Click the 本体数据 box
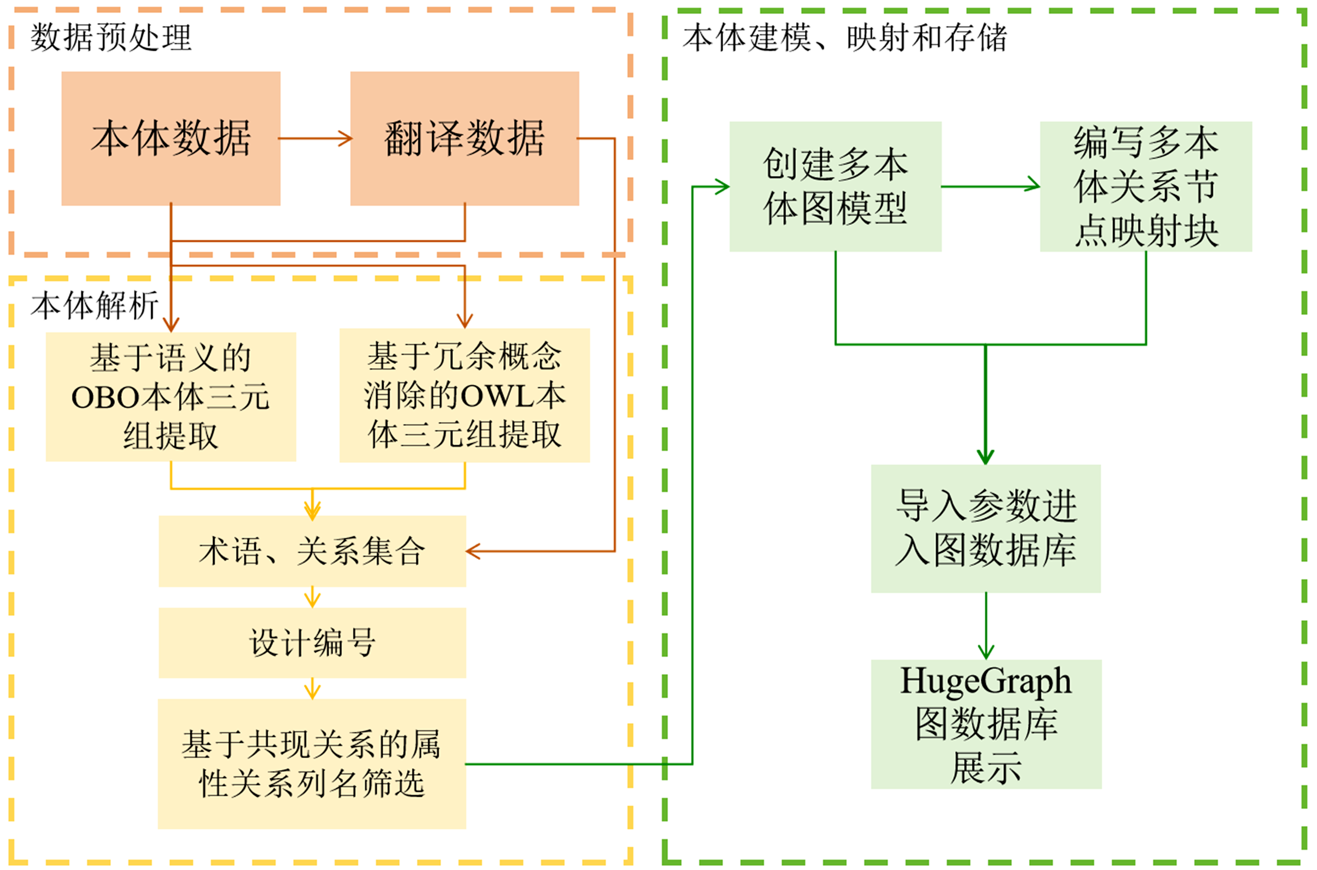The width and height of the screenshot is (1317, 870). (171, 138)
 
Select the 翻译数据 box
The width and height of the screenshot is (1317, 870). (464, 138)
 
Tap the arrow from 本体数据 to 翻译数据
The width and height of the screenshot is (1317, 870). (315, 138)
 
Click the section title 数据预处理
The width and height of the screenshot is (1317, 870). (111, 38)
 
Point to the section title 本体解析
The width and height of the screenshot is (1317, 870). (94, 305)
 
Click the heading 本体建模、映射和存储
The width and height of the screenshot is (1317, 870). (844, 38)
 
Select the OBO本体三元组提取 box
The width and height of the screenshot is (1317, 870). (171, 396)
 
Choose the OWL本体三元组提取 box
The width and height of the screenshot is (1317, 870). (464, 395)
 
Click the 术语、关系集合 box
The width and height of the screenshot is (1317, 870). (312, 551)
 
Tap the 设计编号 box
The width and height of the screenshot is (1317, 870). (312, 643)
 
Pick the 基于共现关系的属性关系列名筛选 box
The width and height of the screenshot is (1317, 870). (312, 764)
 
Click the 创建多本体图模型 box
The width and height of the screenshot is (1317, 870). (835, 186)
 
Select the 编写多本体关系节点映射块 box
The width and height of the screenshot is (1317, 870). (1145, 186)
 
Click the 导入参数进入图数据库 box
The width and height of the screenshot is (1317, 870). (986, 528)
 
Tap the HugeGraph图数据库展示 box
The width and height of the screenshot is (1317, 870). (986, 724)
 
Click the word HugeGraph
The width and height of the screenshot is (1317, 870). (986, 681)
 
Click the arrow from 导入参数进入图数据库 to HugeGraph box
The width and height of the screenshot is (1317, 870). (986, 626)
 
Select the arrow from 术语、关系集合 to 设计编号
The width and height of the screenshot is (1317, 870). (312, 598)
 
